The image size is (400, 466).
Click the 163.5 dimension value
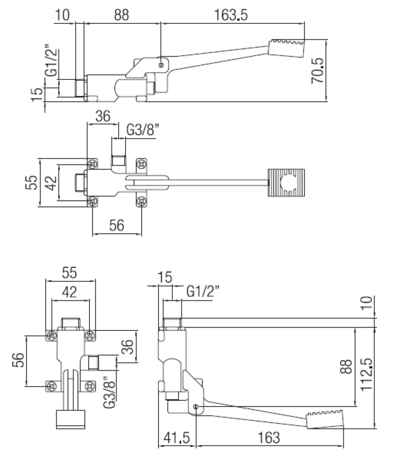[231, 15]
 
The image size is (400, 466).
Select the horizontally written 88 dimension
[121, 15]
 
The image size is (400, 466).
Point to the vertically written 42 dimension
[51, 182]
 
